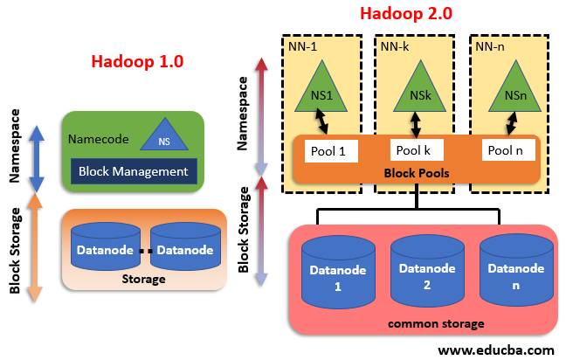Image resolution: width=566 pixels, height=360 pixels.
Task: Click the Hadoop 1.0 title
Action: (x=138, y=62)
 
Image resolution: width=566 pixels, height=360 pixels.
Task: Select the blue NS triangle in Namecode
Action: (x=163, y=135)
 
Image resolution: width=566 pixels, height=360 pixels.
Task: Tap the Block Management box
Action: (x=133, y=171)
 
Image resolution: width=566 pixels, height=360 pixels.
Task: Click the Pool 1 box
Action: (x=328, y=150)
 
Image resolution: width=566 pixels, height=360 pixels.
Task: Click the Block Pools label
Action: (x=417, y=173)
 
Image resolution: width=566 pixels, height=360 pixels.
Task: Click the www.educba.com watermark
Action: (x=495, y=350)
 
